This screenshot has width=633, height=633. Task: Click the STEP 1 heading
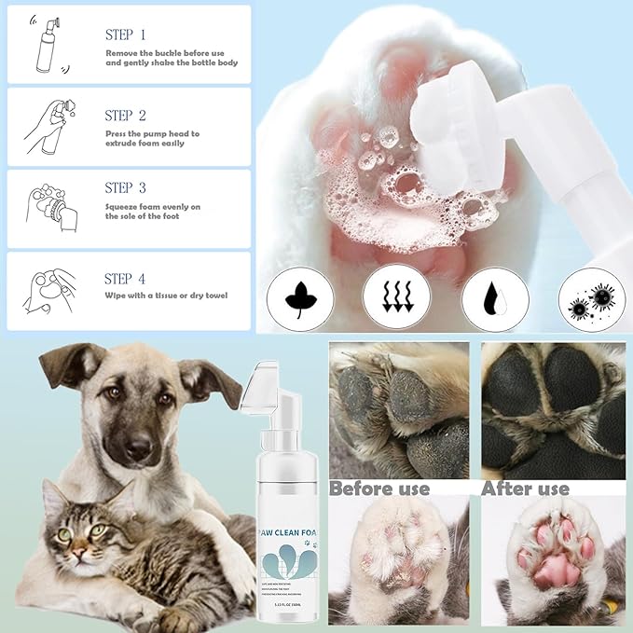coord(125,34)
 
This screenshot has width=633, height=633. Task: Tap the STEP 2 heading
coord(125,116)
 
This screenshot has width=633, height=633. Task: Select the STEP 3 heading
coord(125,187)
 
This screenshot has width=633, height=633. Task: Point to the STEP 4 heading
coord(125,278)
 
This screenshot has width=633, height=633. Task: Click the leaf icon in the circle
coord(299,299)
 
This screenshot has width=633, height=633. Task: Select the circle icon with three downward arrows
coord(396,299)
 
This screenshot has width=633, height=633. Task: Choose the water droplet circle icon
coord(495,299)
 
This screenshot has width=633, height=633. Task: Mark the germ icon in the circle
coord(591,299)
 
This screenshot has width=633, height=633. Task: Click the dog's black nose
coord(138,450)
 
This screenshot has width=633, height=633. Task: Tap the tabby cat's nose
coord(77,550)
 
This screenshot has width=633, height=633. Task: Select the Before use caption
coord(379,489)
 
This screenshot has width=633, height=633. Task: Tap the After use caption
coord(525,489)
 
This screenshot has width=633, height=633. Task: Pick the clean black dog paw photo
coord(552,410)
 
